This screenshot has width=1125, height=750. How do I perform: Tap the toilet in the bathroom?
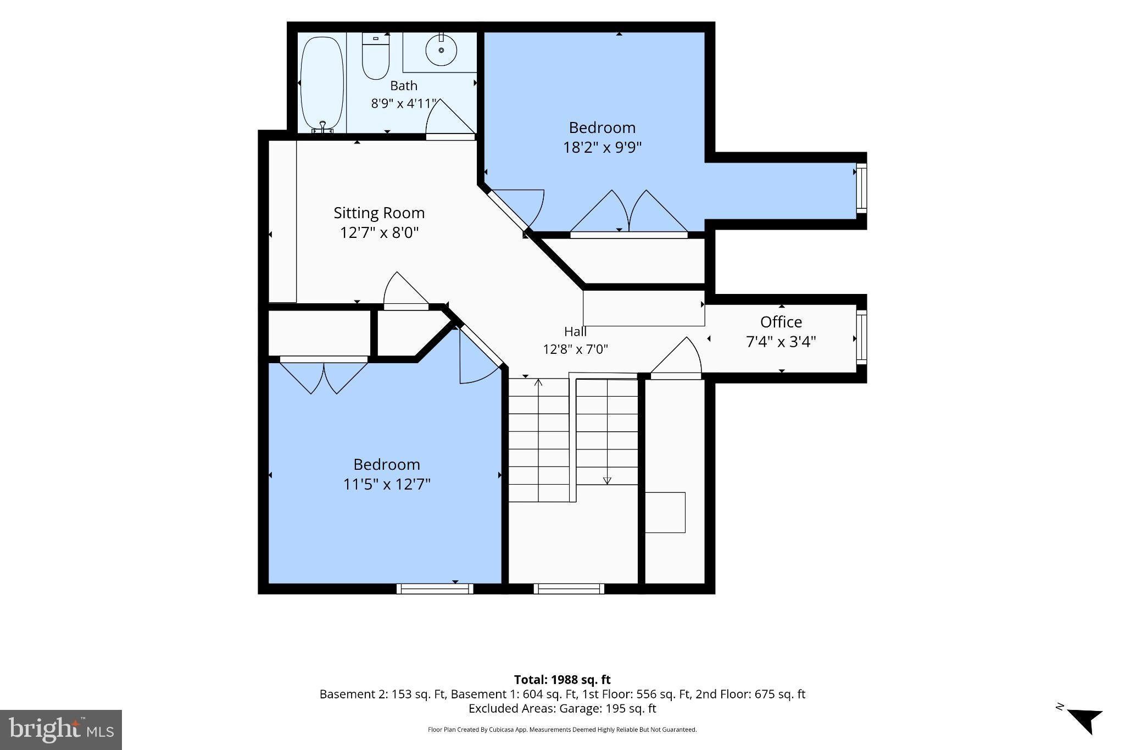[x=376, y=56]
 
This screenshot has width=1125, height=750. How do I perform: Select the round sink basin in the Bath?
[x=441, y=50]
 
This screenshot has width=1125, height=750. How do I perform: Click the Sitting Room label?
[x=379, y=213]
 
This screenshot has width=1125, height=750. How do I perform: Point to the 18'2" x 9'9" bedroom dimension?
[x=603, y=147]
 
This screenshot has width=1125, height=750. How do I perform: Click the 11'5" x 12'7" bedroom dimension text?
[x=387, y=484]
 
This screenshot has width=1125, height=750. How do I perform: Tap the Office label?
[x=781, y=321]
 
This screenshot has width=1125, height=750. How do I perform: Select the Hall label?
[x=575, y=331]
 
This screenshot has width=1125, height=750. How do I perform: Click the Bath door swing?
[x=450, y=118]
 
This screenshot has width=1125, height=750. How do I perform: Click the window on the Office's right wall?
[x=861, y=337]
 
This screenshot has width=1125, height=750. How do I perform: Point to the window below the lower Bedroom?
[x=435, y=588]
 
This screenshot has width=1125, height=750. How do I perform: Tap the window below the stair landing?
[x=569, y=588]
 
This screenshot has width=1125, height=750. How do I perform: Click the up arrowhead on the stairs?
[x=538, y=382]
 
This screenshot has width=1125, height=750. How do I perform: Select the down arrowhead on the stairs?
[x=607, y=481]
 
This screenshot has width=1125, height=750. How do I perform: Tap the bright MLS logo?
[x=61, y=730]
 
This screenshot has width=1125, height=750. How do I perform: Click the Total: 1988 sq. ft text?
[x=562, y=680]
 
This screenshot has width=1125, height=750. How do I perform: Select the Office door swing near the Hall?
[x=677, y=357]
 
